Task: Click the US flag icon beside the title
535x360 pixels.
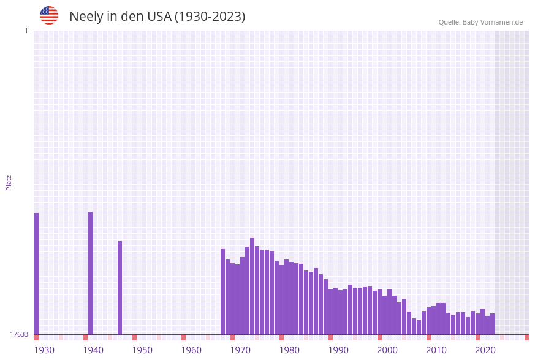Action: [49, 15]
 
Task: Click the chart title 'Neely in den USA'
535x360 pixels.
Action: [157, 17]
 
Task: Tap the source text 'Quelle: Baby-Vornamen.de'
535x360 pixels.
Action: [480, 22]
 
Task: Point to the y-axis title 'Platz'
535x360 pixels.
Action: [9, 182]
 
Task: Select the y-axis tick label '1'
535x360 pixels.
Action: [26, 31]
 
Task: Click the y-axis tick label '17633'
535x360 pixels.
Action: [19, 334]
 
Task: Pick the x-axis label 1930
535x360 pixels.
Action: [44, 350]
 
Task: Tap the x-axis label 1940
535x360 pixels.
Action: [93, 350]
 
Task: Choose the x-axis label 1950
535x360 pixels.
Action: [142, 350]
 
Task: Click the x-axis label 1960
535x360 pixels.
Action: [191, 350]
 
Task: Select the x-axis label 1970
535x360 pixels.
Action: [240, 350]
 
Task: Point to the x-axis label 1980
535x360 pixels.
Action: [289, 350]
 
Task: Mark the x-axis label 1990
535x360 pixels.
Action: [338, 350]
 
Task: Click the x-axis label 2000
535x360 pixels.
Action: [387, 350]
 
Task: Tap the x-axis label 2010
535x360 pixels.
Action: [436, 350]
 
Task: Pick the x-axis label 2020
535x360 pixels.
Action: [485, 350]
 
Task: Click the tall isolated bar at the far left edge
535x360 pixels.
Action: [36, 274]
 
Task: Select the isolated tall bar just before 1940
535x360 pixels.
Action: [91, 273]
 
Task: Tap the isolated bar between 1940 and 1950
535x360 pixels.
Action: [120, 288]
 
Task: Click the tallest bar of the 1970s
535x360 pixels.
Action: [252, 286]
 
